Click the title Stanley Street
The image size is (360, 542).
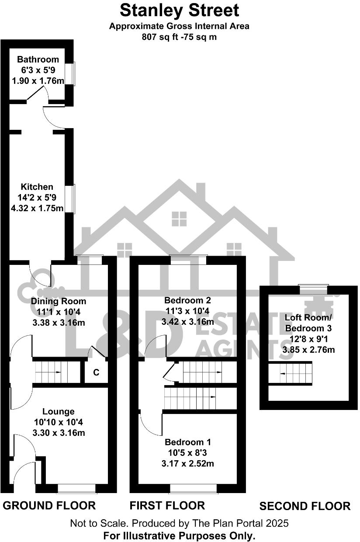[x=179, y=10]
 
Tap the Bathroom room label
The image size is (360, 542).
[x=38, y=59]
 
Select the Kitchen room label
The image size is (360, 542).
[x=38, y=187]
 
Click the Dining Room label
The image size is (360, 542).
[x=59, y=301]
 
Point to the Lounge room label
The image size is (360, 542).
[x=58, y=411]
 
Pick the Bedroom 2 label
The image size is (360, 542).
[x=187, y=300]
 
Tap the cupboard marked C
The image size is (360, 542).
[x=96, y=373]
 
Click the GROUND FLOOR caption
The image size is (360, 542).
[x=49, y=506]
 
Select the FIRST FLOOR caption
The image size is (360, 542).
[x=167, y=506]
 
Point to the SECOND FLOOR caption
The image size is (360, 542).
[x=305, y=506]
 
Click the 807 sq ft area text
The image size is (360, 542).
[x=179, y=37]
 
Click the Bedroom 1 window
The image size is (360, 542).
[x=193, y=488]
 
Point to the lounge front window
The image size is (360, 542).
[x=76, y=488]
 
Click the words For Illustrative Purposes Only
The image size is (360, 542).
[x=179, y=535]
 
